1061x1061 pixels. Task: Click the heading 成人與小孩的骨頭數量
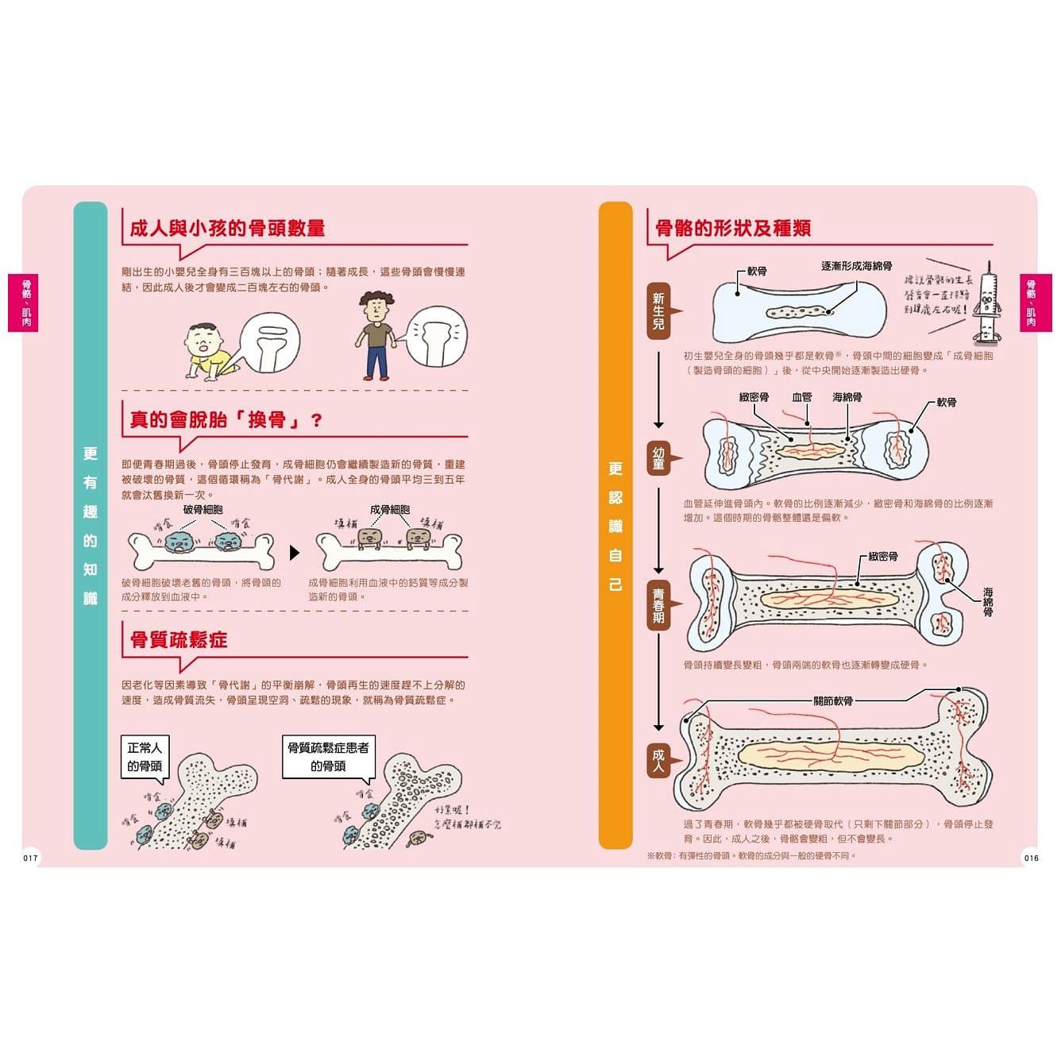click(x=227, y=229)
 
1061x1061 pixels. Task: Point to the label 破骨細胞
click(x=203, y=510)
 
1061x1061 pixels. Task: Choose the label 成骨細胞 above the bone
click(x=390, y=510)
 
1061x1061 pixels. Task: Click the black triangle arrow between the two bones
click(x=295, y=552)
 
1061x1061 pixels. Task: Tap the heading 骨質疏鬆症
click(x=179, y=640)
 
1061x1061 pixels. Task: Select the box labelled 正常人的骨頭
click(x=145, y=757)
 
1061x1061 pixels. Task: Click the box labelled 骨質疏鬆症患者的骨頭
click(x=328, y=757)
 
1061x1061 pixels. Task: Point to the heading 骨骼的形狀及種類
click(x=732, y=229)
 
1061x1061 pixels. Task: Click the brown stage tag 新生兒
click(x=658, y=311)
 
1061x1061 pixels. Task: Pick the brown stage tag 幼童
click(x=658, y=458)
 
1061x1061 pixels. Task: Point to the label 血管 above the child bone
click(x=802, y=397)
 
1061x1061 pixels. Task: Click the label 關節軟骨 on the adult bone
click(x=833, y=701)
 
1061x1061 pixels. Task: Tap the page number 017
click(x=30, y=858)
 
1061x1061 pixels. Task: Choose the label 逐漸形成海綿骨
click(x=856, y=266)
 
